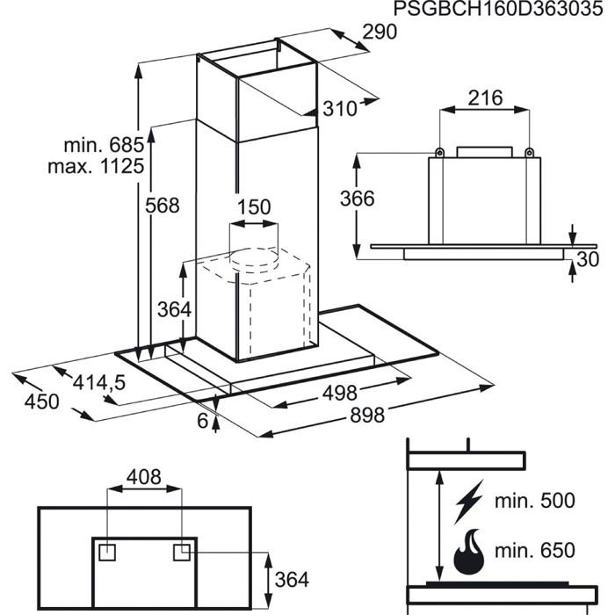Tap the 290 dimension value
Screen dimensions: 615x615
pos(380,33)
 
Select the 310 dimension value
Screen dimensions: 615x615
pos(340,109)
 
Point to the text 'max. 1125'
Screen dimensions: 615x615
pos(96,165)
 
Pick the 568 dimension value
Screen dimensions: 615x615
pos(162,206)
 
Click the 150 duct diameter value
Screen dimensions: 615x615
pos(254,207)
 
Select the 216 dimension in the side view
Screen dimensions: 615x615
pos(485,98)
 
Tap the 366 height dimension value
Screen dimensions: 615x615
pos(357,199)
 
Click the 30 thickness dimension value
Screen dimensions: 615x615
pos(588,259)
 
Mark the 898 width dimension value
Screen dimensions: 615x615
pos(366,416)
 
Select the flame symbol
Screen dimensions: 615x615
pos(467,552)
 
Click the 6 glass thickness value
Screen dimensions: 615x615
pos(203,421)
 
